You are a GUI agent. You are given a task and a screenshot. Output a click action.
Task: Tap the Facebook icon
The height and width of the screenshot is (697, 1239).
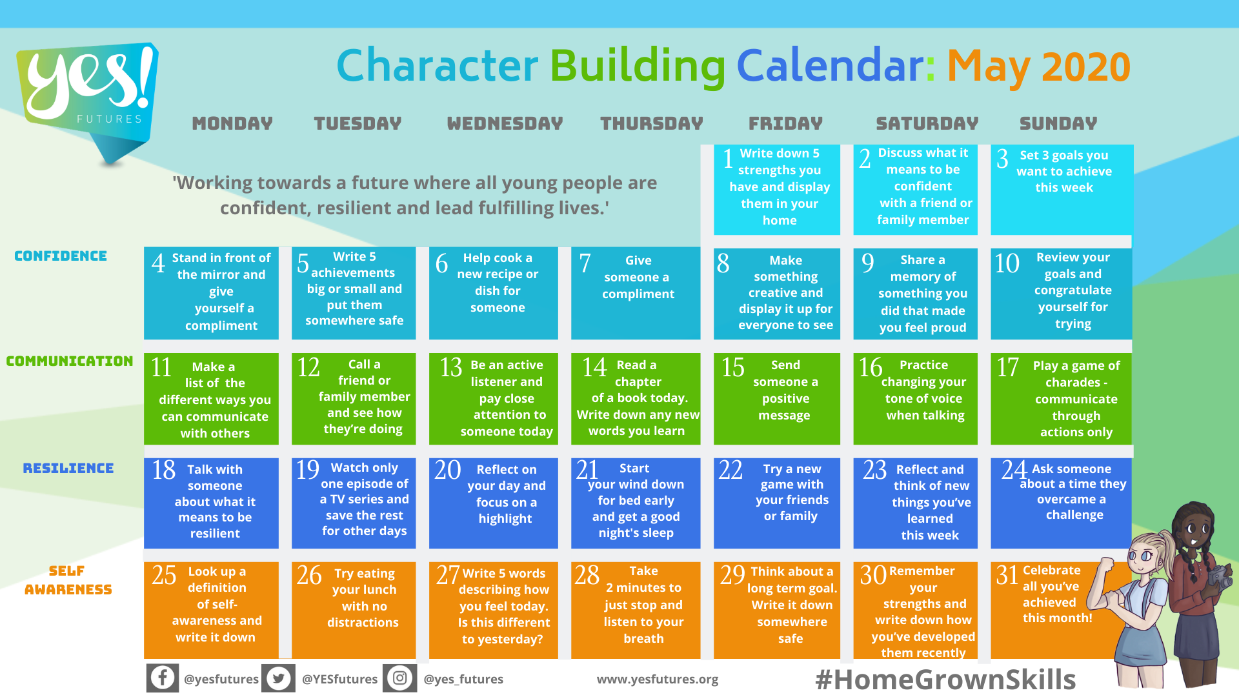point(163,678)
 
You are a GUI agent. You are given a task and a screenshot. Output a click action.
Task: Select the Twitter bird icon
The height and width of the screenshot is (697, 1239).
point(279,678)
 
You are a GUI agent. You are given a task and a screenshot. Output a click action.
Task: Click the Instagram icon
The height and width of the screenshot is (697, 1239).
point(400,678)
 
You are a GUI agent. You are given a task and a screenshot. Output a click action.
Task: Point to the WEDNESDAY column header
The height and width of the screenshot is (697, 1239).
point(505,123)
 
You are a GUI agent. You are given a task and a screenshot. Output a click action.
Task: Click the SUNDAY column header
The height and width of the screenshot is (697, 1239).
point(1058,123)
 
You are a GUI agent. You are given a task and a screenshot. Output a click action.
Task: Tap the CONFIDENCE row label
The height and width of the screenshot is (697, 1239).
point(61,256)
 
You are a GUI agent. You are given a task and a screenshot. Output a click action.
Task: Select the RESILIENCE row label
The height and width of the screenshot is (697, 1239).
point(68,469)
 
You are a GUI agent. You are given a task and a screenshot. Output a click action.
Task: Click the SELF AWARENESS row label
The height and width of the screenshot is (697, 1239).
point(68,580)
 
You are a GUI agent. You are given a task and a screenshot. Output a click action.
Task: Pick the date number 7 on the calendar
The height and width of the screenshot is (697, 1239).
point(585,263)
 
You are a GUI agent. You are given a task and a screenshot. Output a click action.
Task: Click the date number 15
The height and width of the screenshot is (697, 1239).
point(733,367)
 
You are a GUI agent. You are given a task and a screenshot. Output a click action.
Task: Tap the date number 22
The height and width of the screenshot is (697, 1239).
point(730,470)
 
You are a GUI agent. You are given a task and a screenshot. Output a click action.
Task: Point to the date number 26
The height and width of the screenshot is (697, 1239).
point(309,575)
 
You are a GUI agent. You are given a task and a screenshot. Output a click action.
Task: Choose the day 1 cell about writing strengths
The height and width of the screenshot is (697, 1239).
point(777,190)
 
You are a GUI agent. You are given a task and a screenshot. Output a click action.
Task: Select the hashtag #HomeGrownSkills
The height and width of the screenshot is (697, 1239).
point(945,680)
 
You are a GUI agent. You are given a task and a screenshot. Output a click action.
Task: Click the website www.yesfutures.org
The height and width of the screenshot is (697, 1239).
point(658,679)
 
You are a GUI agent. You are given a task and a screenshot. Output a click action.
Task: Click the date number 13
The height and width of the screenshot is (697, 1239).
point(451,367)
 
